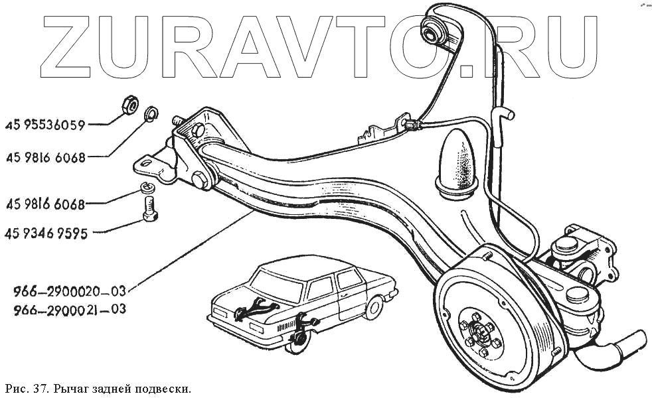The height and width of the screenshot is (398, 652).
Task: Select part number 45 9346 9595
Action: click(x=46, y=233)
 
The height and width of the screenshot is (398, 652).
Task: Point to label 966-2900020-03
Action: click(x=69, y=291)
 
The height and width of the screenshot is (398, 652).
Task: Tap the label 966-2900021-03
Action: click(x=69, y=309)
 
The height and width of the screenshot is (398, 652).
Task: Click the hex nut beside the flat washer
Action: click(x=129, y=104)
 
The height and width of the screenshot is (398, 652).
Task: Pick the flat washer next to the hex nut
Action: click(x=151, y=113)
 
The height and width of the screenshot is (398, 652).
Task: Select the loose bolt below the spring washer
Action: click(x=150, y=208)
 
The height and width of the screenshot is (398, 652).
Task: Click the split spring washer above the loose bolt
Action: click(x=149, y=188)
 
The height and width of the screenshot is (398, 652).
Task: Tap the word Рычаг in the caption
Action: click(x=73, y=387)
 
